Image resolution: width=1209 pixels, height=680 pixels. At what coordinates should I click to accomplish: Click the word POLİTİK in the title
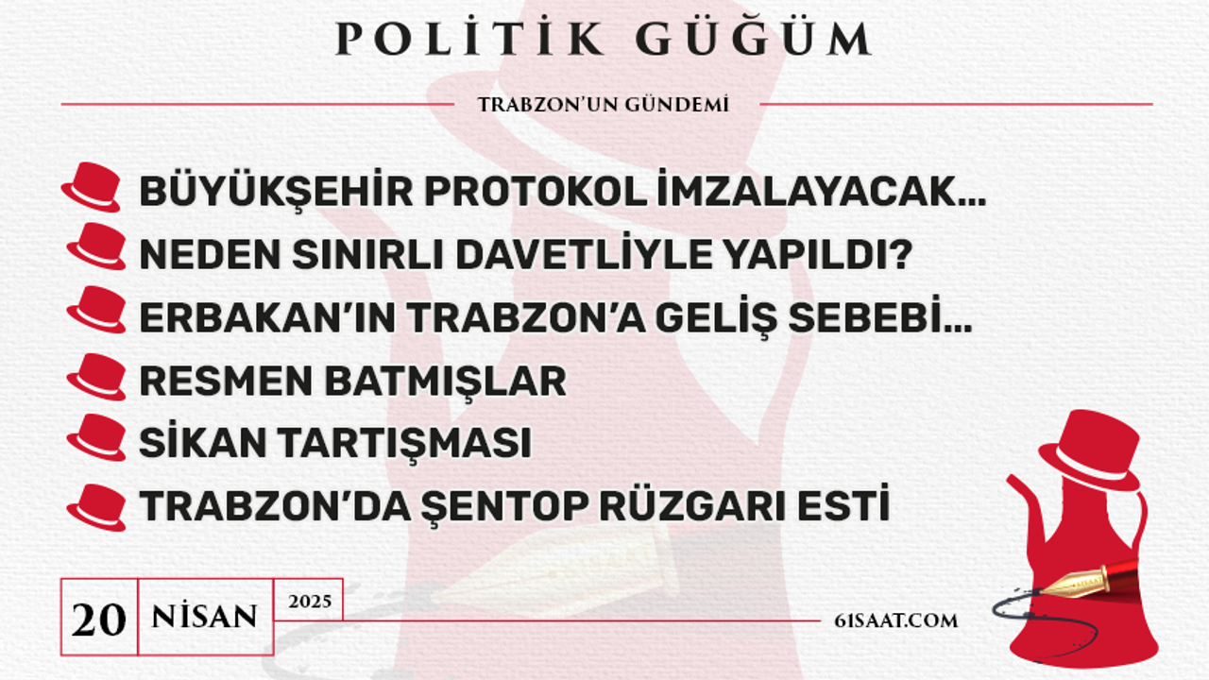click(x=469, y=38)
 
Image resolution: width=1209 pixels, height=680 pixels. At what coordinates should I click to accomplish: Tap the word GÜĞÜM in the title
click(x=754, y=38)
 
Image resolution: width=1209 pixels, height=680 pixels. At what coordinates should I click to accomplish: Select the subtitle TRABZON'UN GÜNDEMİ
click(x=603, y=104)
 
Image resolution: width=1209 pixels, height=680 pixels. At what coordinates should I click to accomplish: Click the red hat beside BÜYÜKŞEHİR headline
click(x=91, y=187)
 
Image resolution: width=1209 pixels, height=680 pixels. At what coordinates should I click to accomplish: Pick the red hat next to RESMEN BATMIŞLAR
click(x=96, y=377)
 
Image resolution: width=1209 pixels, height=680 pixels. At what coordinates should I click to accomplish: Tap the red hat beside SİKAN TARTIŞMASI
click(x=96, y=437)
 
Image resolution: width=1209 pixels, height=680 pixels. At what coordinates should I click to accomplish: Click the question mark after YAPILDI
click(x=898, y=254)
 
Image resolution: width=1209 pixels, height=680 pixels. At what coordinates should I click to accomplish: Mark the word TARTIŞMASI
click(x=405, y=444)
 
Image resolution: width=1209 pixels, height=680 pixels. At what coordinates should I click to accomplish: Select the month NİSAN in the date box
click(x=205, y=617)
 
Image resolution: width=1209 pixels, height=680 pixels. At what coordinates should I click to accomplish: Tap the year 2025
click(x=310, y=602)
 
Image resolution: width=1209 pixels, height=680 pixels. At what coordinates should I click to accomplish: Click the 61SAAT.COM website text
click(x=896, y=620)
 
